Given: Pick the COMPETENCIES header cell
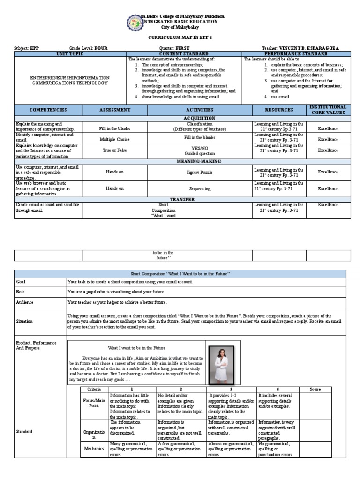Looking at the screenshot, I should click(42, 110).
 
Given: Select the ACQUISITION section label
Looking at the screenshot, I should click(200, 119).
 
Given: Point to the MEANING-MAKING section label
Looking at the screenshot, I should click(200, 161).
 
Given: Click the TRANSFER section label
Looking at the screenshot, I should click(200, 199).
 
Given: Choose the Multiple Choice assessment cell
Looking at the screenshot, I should click(114, 139).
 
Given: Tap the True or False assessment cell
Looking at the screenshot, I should click(114, 151).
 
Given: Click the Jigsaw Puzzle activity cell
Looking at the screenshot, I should click(200, 172).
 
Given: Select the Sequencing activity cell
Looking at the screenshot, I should click(200, 188).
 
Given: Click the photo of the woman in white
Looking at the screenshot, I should click(224, 363).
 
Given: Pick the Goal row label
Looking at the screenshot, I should click(21, 282).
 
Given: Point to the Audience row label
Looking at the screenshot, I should click(24, 303).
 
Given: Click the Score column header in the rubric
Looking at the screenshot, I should click(315, 390).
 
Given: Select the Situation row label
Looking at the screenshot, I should click(24, 321).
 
